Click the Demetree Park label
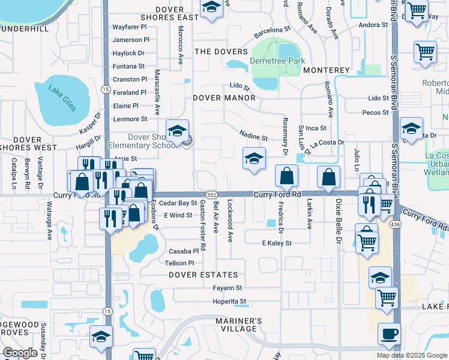[x=278, y=61]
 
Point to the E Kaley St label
[x=276, y=243]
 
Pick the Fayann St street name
[x=227, y=288]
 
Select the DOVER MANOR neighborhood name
[x=224, y=97]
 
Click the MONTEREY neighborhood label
[x=326, y=70]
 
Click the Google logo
[x=20, y=353]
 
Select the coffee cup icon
[x=389, y=333]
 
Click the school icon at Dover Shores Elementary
[x=178, y=132]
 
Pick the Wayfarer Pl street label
[x=130, y=27]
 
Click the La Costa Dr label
[x=327, y=142]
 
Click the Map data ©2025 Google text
[x=412, y=355]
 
